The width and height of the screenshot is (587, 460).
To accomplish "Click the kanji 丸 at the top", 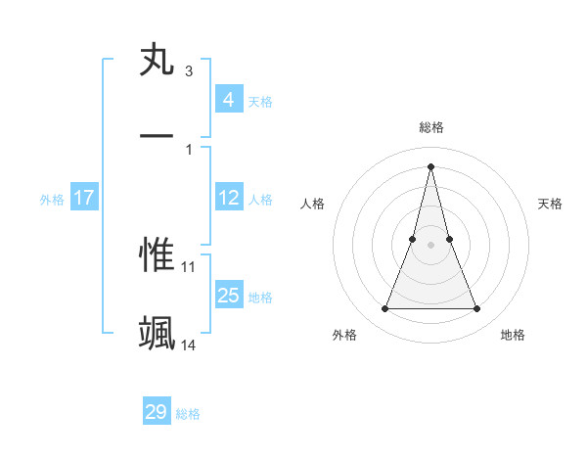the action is pos(157,60).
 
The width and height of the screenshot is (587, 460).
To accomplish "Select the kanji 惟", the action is pos(157,255).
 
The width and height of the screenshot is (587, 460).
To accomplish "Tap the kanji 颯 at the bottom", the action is pos(157,334).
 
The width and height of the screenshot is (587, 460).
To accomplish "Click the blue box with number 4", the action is pos(228,100).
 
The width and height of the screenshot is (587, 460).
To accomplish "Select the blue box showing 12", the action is pos(228,198).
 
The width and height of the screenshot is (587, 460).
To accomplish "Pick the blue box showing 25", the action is pos(228,296).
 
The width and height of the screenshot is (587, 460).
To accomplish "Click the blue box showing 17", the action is pos(83,198).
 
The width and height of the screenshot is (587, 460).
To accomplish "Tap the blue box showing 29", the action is pos(157,412).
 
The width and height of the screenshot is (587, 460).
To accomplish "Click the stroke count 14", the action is pos(189,345).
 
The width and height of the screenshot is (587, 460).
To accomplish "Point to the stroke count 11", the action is pos(189,266).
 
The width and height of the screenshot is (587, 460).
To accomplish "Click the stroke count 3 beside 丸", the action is pos(188,71).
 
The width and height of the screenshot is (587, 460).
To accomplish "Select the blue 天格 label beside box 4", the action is pos(260,101).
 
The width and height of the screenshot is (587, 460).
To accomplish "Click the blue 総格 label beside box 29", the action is pos(188,413).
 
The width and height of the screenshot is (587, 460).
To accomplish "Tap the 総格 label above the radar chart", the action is pos(431,128).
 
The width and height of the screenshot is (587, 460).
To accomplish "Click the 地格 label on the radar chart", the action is pos(513,335).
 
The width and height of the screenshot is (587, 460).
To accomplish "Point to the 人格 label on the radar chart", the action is pos(312,204).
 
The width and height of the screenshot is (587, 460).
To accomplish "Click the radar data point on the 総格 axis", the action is pos(431,165).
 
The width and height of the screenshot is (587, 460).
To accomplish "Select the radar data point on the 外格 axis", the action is pos(385,309).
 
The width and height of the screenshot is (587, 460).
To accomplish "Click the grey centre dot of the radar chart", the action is pos(431,245).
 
